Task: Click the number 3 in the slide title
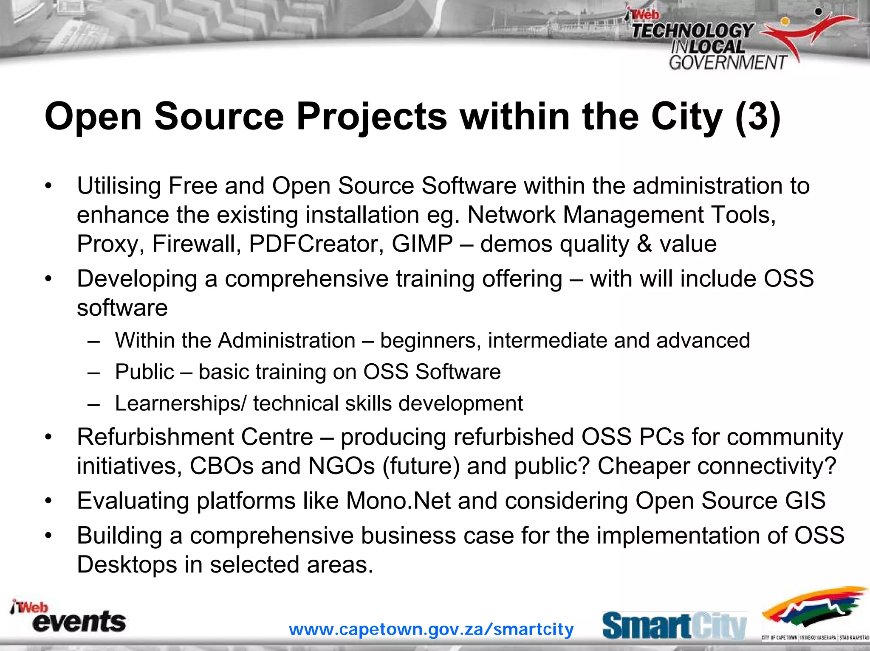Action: [758, 117]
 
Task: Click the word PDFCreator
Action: [316, 244]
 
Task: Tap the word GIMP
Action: [422, 244]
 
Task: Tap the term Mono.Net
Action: [398, 501]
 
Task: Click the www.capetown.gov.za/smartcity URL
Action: [431, 629]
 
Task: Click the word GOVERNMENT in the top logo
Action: [728, 63]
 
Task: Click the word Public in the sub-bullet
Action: [144, 372]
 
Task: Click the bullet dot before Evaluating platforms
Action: [49, 501]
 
